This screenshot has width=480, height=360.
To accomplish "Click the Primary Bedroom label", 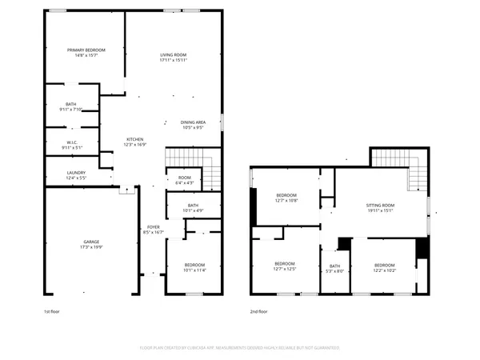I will tap(86, 50).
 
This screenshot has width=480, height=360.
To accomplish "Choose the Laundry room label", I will tap(76, 173).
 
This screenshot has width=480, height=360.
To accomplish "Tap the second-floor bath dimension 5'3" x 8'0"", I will tap(334, 270).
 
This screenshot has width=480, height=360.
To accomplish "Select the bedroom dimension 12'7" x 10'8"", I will tap(286, 202).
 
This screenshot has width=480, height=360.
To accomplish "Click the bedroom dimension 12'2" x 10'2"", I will tap(384, 270).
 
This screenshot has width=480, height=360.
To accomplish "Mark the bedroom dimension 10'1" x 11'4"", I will tap(194, 270).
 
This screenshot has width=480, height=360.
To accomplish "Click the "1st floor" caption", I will tap(53, 311).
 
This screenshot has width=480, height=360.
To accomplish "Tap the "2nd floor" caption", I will tap(258, 311).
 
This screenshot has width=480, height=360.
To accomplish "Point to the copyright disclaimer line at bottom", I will tap(240, 348).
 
